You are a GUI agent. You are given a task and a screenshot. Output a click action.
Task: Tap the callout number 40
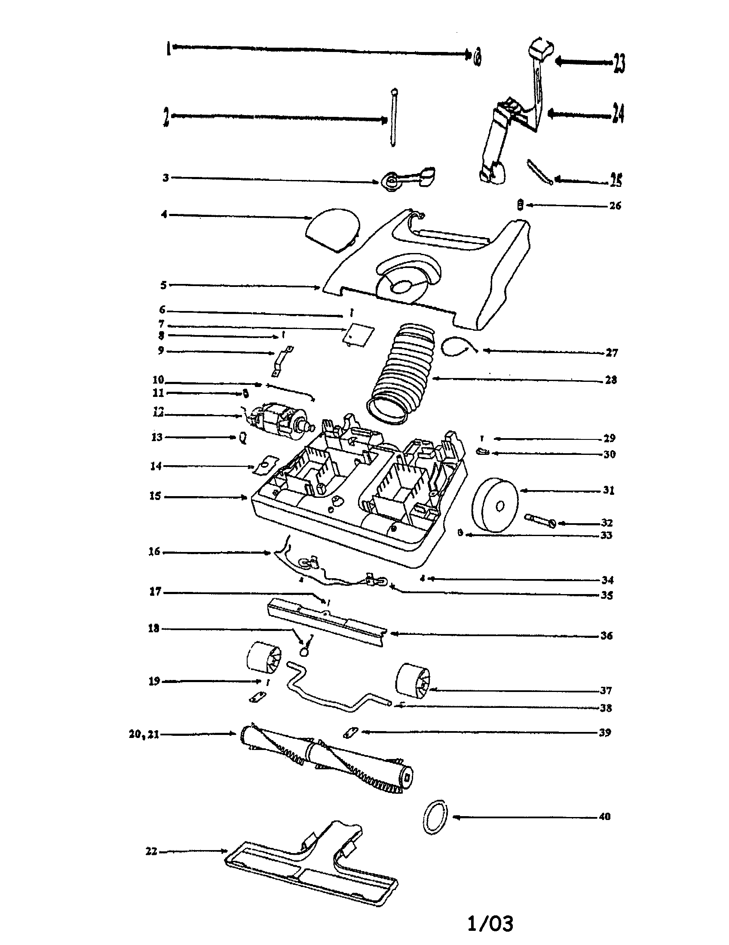click(x=604, y=817)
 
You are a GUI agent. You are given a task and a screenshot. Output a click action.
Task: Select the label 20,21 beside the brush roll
click(x=144, y=734)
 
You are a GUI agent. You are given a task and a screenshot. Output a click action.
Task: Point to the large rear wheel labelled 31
click(x=495, y=504)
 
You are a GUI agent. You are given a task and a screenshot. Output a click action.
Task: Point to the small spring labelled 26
click(x=521, y=204)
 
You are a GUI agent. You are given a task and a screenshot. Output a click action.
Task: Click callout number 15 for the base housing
click(x=155, y=496)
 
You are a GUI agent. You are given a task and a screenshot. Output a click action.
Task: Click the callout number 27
click(x=612, y=353)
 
